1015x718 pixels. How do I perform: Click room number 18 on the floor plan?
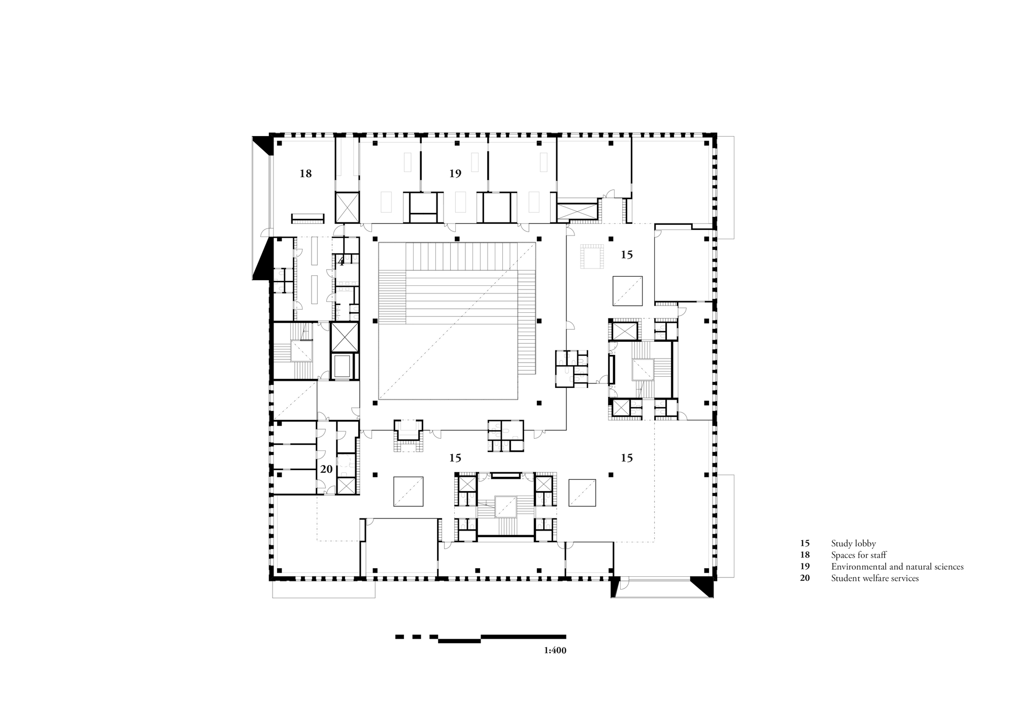306,174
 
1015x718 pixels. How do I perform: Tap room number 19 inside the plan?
455,174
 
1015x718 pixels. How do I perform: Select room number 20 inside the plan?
326,470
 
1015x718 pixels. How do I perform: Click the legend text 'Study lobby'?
854,544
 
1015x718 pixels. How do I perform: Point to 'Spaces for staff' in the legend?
859,555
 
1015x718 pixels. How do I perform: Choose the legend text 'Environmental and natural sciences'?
897,567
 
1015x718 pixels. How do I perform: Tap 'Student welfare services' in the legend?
875,578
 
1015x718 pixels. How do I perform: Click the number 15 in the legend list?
805,544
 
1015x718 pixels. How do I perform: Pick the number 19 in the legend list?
805,567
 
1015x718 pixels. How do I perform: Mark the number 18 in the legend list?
805,555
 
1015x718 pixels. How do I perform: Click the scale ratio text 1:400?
555,650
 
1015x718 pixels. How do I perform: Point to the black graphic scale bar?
481,638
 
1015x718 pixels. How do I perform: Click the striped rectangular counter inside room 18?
308,218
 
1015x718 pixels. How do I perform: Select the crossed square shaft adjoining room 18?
347,207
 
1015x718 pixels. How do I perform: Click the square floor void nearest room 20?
409,491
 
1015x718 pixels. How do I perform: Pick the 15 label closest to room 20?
455,458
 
